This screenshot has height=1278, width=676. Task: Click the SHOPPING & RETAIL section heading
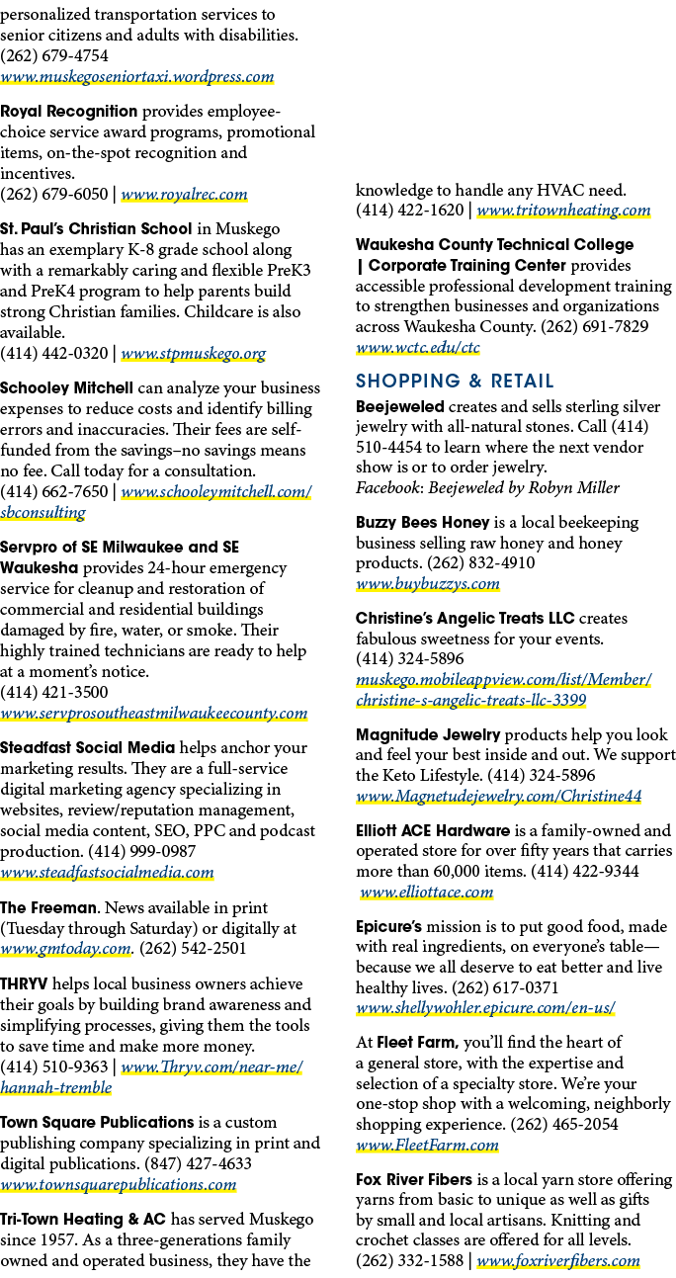455,381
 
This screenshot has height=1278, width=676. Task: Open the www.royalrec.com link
184,194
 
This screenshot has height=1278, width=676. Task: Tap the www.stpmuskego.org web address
194,353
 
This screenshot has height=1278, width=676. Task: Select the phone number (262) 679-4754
54,55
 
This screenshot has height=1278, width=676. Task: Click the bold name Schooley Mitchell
66,388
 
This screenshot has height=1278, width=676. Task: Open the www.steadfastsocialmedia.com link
108,872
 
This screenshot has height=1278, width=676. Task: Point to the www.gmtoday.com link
65,948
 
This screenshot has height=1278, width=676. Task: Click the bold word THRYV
24,983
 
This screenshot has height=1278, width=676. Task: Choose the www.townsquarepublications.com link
118,1184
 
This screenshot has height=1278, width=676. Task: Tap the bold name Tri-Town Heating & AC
83,1220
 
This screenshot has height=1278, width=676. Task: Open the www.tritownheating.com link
563,210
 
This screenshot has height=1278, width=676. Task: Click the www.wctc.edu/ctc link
418,347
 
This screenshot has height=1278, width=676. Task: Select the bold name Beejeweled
400,406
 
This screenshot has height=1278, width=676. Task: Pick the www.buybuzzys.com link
428,584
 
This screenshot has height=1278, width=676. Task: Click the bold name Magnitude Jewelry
428,734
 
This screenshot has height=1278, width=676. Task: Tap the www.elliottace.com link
427,892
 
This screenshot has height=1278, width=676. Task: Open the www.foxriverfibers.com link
558,1260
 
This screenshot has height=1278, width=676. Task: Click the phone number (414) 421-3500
54,692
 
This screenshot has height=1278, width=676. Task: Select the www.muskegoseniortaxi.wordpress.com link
137,76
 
